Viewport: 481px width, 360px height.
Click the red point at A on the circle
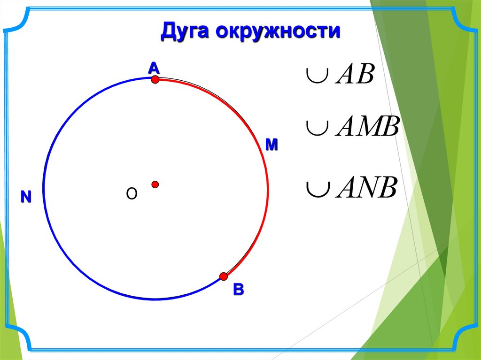coord(155,80)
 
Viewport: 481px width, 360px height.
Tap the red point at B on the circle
coord(224,276)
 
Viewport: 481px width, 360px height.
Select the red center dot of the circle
coord(155,184)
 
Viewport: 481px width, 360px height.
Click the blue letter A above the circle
coord(154,68)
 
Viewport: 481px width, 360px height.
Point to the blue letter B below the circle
coord(238,289)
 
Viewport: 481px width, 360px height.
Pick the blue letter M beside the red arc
coord(272,145)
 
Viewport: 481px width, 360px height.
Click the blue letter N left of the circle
coord(26,197)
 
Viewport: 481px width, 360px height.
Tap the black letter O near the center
coord(132,194)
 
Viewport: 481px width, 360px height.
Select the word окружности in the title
coord(278,31)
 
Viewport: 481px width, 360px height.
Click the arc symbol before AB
coord(318,76)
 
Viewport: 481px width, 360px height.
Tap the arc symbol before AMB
coord(318,128)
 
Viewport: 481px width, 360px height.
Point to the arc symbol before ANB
coord(318,189)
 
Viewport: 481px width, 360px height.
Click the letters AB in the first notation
coord(355,74)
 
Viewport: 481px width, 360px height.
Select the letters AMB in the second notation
coord(367,126)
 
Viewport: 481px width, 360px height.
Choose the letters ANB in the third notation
coord(367,187)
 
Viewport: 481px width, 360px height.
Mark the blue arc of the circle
coord(44,187)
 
